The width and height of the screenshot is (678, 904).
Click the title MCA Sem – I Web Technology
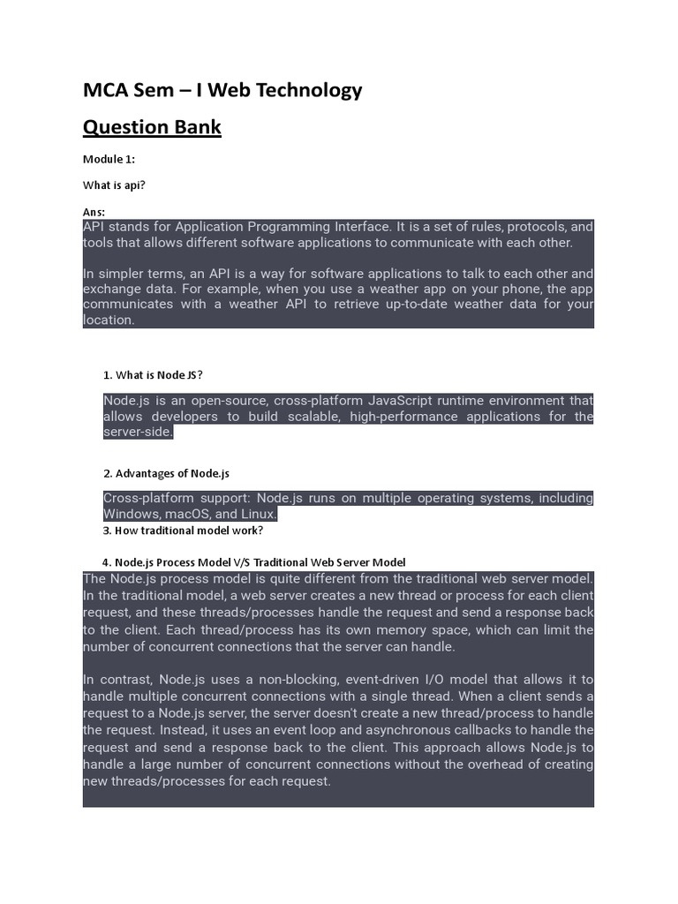(222, 90)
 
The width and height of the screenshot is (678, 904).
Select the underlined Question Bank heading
(152, 128)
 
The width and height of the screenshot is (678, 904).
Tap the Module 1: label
(109, 159)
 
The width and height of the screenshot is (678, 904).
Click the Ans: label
(94, 212)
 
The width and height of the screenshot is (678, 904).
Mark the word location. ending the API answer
(109, 320)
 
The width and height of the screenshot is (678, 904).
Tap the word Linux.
(259, 514)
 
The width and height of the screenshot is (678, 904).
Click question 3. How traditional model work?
(184, 531)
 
